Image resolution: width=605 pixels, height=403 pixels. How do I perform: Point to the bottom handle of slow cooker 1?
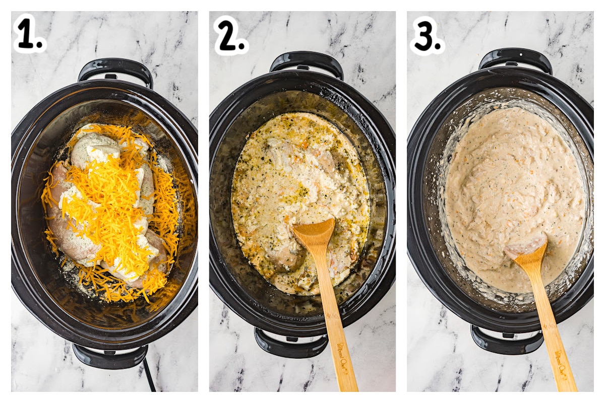[x=110, y=356]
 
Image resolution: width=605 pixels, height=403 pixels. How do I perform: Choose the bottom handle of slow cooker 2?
[x=291, y=344]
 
